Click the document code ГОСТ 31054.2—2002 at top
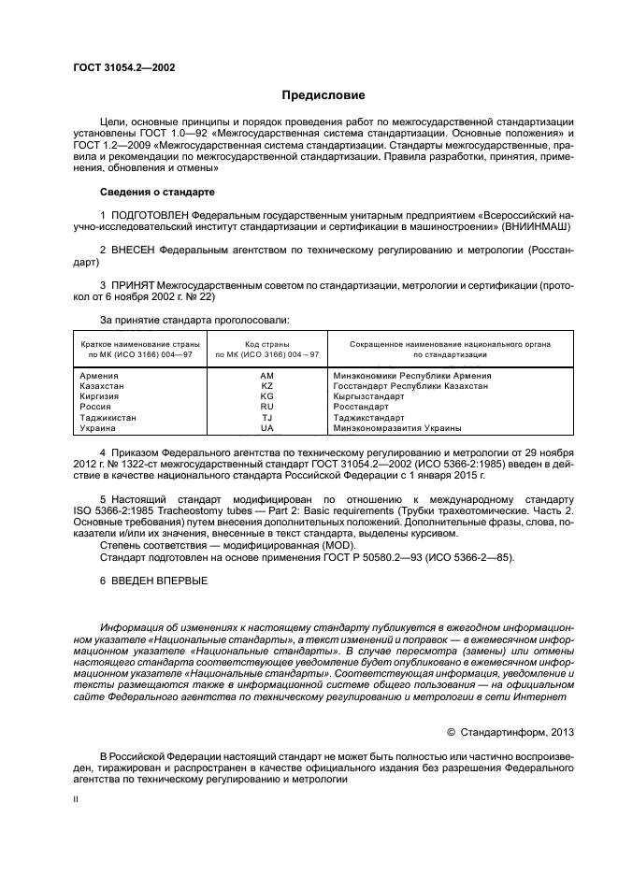click(x=122, y=67)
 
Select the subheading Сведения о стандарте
click(x=157, y=191)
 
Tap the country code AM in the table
click(x=266, y=376)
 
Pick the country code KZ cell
click(x=266, y=386)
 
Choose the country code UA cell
click(x=266, y=428)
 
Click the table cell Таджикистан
click(x=109, y=418)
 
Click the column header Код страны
click(x=266, y=344)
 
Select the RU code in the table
click(x=266, y=408)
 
